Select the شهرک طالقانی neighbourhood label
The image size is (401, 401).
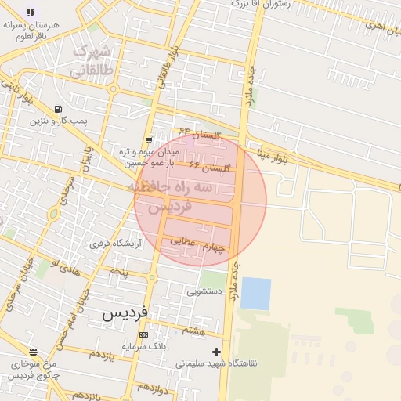tap(92, 61)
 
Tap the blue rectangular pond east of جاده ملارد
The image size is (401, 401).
tap(255, 293)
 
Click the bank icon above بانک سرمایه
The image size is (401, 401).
tap(143, 334)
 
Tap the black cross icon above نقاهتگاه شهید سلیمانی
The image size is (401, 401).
tap(216, 352)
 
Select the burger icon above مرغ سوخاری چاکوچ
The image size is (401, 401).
tap(32, 352)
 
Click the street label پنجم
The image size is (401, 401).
tap(117, 271)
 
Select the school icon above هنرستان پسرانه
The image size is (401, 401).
tap(31, 13)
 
